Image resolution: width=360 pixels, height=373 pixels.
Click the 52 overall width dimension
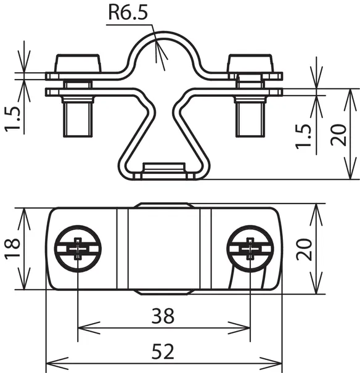point(163,352)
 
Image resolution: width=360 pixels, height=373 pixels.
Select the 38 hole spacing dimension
point(163,316)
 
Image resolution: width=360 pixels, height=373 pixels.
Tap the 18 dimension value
point(12,248)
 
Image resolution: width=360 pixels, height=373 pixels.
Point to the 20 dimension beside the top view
point(304,249)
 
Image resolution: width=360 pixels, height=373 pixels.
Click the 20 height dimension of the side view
point(338,134)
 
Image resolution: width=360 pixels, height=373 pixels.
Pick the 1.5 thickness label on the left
point(12,119)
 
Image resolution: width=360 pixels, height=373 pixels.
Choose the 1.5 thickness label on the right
point(303,136)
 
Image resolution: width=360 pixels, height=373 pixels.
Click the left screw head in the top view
point(78,249)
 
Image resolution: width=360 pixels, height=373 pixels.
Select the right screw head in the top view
point(250,249)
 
